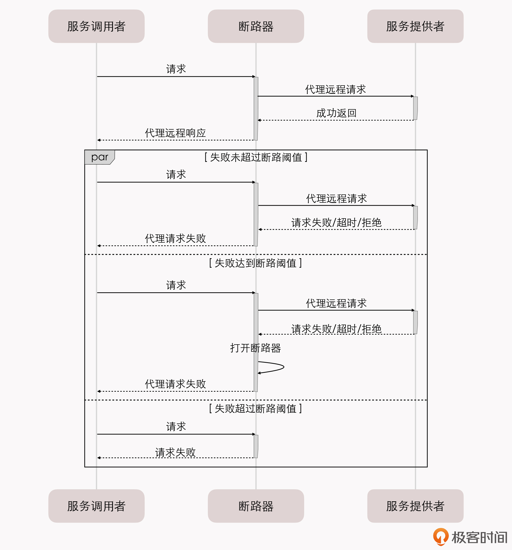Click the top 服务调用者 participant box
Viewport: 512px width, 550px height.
point(96,26)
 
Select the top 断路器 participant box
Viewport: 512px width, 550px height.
point(256,26)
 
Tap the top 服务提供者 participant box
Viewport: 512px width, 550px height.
point(415,26)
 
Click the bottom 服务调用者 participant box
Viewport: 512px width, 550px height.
point(96,506)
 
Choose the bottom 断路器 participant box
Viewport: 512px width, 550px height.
point(256,506)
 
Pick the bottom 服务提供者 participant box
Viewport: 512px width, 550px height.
point(415,506)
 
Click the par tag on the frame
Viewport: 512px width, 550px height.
point(100,157)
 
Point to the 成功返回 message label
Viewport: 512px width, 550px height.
point(336,113)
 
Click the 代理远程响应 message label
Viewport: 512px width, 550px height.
point(175,133)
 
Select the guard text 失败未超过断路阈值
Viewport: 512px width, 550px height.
point(256,157)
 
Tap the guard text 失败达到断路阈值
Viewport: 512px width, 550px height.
point(255,263)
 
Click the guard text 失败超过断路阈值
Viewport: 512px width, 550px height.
point(255,409)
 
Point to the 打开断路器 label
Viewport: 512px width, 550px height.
point(255,348)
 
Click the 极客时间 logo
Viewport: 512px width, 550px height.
point(470,537)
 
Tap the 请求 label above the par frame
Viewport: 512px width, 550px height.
point(176,69)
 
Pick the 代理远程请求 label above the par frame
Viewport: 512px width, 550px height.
point(335,89)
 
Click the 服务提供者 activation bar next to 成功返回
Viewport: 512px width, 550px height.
point(415,108)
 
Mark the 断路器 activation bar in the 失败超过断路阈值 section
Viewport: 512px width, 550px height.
point(256,446)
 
